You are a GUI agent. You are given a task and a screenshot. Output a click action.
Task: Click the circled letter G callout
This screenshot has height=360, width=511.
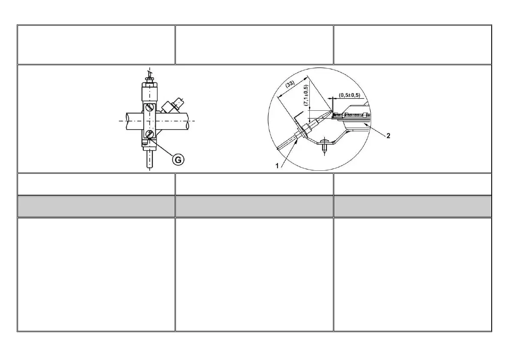coord(178,160)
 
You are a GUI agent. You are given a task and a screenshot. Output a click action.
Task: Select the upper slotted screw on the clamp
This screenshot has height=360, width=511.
coord(149,108)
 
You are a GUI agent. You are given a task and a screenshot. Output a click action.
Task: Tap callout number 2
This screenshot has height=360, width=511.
coord(388,136)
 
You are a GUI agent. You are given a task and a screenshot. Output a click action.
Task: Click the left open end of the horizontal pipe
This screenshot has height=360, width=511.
coord(127,121)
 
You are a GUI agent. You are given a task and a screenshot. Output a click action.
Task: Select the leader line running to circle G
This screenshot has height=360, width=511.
coord(161,147)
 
